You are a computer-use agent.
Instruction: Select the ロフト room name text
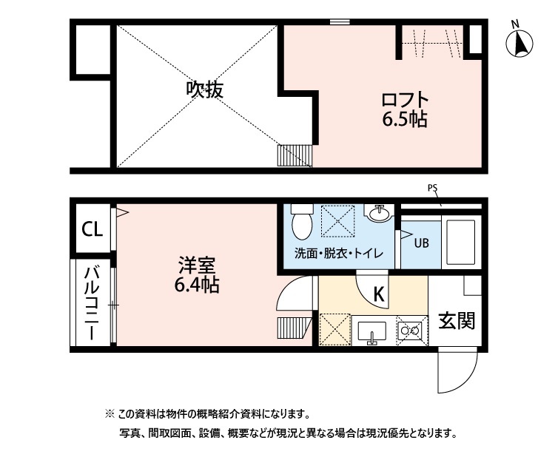tap(405, 100)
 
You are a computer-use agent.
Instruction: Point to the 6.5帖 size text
tap(405, 120)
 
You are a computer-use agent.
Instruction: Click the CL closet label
tap(92, 229)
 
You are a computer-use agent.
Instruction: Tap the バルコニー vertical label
tap(92, 302)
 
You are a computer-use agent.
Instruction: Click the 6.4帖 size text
tap(196, 285)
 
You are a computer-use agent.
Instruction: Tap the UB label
tap(420, 242)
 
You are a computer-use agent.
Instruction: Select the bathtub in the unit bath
tap(461, 241)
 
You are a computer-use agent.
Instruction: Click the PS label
tap(432, 189)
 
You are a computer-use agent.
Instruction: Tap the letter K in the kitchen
tap(378, 294)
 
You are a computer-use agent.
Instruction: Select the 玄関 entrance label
tap(456, 321)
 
